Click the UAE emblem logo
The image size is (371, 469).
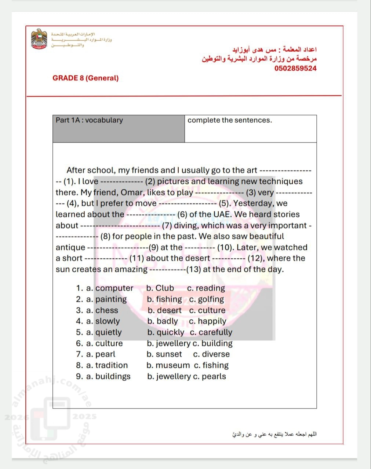[x=39, y=39]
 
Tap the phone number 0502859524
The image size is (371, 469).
[x=295, y=68]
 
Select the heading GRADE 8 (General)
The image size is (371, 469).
[x=86, y=78]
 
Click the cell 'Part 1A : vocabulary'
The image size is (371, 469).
[x=89, y=120]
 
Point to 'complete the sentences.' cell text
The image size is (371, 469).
[x=230, y=120]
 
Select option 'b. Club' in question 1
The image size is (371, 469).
[x=160, y=288]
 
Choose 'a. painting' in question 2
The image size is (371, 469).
[x=106, y=299]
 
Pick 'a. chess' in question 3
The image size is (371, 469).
[x=102, y=310]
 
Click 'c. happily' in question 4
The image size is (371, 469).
[x=208, y=321]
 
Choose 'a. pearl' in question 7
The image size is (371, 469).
[x=101, y=354]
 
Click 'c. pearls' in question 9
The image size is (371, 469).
[x=209, y=376]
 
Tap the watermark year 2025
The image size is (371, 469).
[x=84, y=416]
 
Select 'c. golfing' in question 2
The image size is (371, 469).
[x=206, y=299]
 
